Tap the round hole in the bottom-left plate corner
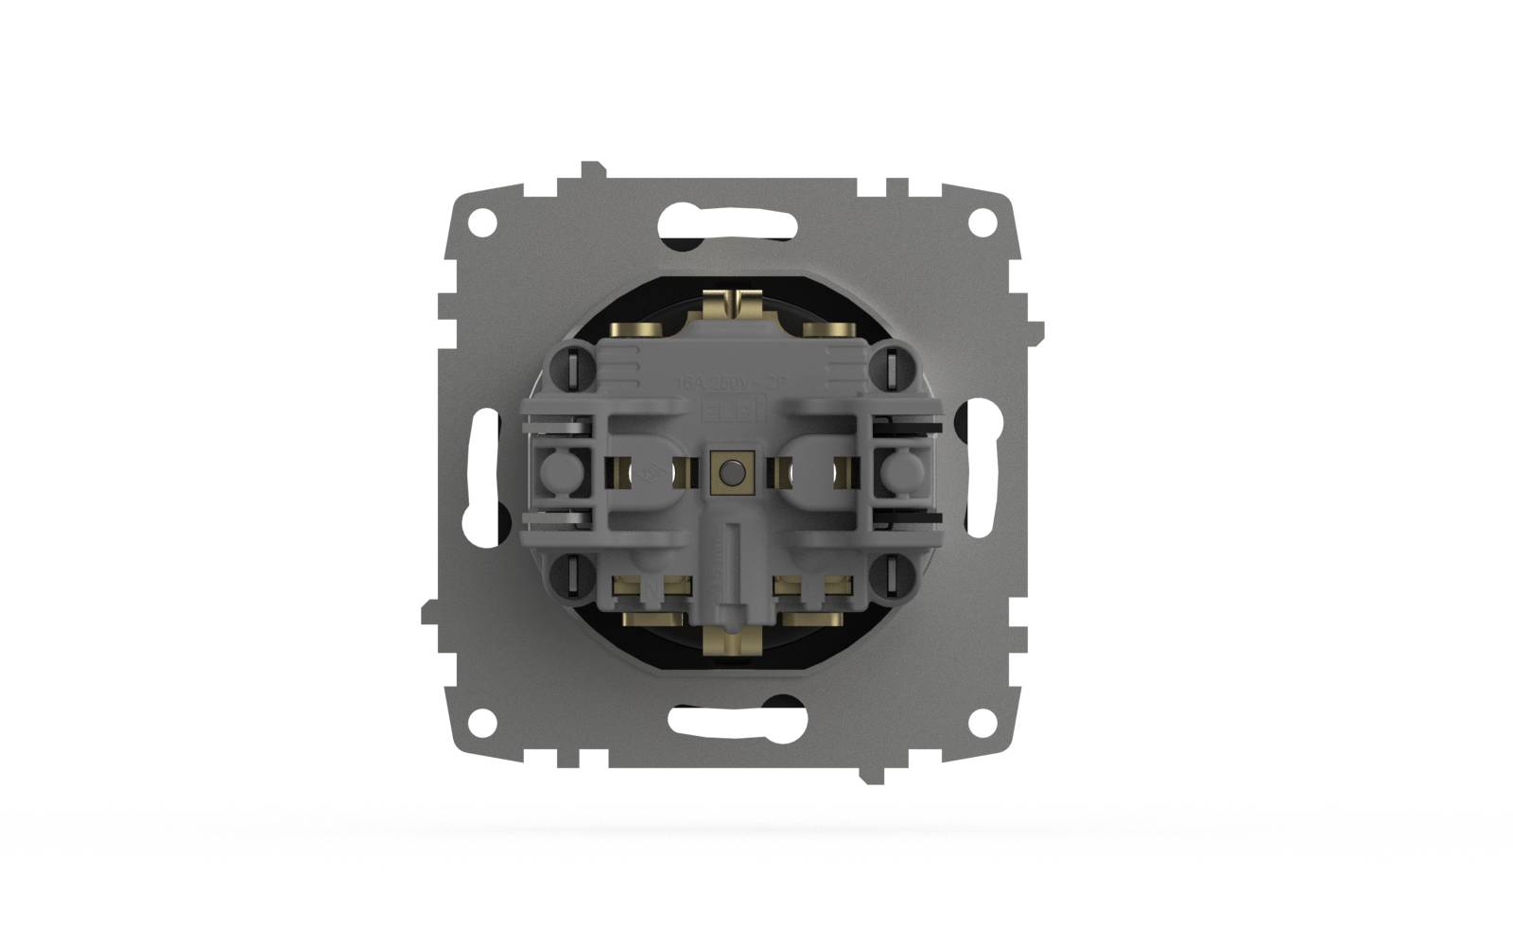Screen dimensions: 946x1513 (x=482, y=722)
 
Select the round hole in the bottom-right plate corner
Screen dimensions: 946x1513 (x=983, y=722)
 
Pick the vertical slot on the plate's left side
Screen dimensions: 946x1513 (x=482, y=472)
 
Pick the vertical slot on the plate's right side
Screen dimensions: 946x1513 (x=983, y=472)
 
